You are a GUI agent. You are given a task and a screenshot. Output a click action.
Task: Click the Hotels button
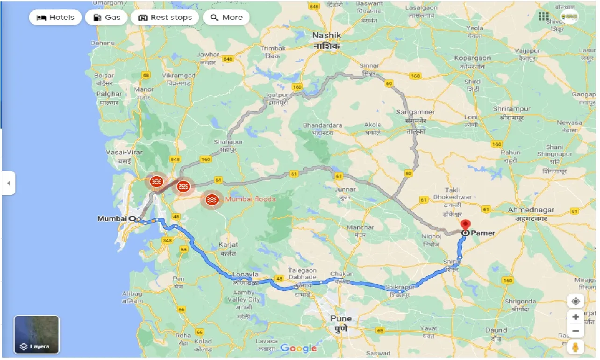pos(55,18)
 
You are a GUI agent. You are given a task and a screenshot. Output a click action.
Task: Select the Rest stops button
pos(164,18)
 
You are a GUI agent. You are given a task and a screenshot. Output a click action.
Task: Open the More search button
pos(227,18)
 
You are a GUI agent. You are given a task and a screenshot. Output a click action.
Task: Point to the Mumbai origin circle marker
pos(132,218)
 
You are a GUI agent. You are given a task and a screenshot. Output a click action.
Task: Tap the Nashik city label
pos(327,36)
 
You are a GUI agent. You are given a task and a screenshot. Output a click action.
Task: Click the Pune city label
pos(341,319)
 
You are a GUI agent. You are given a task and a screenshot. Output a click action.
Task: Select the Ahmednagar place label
pos(531,210)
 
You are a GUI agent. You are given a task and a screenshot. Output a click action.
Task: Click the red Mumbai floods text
pos(250,199)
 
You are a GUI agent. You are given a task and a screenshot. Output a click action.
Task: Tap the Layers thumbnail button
pos(36,334)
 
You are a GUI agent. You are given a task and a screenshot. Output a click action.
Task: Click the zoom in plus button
pos(575,317)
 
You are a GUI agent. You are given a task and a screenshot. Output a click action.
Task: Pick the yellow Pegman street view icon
pos(575,347)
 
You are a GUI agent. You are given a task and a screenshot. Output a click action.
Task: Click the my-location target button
pos(575,301)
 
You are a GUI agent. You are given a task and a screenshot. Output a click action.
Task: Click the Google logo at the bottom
pos(299,348)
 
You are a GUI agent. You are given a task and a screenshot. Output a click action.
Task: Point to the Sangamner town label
pos(415,112)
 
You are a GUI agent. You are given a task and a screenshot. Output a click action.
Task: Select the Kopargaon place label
pos(472,58)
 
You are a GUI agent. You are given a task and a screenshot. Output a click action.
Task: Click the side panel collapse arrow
pos(8,183)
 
